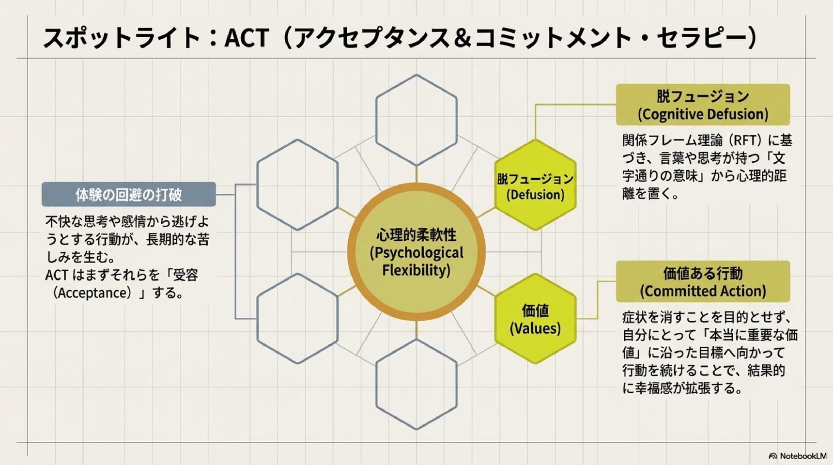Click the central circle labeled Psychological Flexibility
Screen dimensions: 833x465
416,252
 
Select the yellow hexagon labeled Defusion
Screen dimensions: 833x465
535,185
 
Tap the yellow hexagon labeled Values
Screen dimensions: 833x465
535,318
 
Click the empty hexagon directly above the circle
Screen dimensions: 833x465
416,120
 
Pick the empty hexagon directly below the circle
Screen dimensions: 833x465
416,384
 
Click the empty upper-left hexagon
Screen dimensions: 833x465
297,185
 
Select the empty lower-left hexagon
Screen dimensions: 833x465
297,318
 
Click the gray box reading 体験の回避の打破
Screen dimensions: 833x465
129,194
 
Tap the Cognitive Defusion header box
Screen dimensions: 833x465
703,105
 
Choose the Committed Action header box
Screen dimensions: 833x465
703,281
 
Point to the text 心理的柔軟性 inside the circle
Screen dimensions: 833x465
416,235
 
